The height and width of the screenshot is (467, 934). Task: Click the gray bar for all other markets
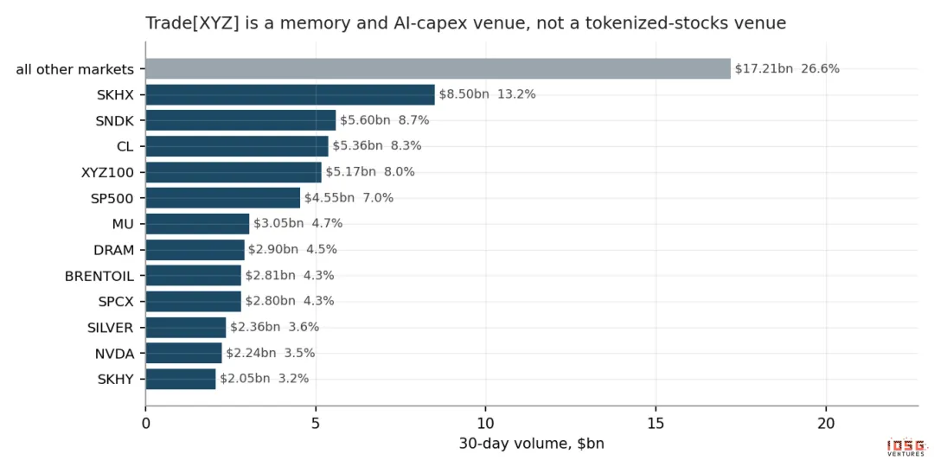click(x=438, y=68)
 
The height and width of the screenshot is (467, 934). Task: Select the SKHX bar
click(x=290, y=95)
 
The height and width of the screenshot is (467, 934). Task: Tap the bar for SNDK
click(x=240, y=120)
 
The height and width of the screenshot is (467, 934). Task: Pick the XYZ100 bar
click(x=233, y=172)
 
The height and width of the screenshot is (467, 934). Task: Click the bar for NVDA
click(x=183, y=353)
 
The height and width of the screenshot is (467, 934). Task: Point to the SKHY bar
click(x=181, y=379)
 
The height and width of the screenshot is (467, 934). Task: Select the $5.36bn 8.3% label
click(x=377, y=146)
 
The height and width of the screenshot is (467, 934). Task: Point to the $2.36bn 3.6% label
click(x=275, y=327)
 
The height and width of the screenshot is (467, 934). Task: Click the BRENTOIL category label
click(x=99, y=276)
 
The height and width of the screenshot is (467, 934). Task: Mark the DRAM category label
click(x=114, y=250)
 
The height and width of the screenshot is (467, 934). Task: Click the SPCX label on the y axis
click(x=116, y=302)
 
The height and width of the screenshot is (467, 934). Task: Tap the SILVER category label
click(x=110, y=328)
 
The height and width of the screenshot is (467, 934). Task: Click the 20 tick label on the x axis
click(x=826, y=424)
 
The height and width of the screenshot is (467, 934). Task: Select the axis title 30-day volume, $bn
click(x=531, y=444)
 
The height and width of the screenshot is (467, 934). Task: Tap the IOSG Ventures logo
click(x=906, y=447)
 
